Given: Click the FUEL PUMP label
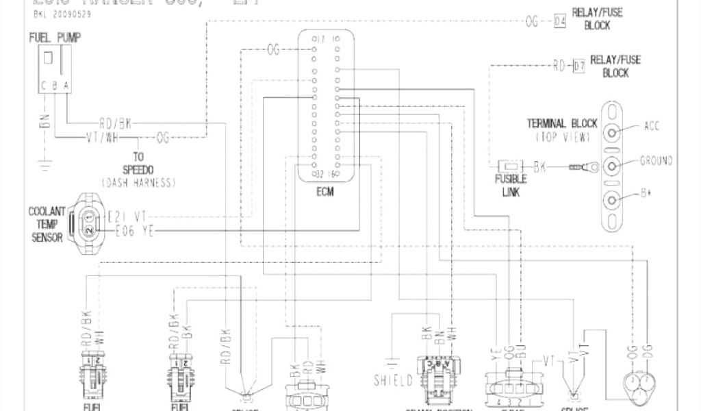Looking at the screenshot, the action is (54, 37).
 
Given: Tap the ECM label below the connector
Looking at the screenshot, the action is (325, 192).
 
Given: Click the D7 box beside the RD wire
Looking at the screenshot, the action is (578, 66).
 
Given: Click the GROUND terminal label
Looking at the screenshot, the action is (656, 161).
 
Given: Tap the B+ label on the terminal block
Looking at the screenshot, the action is (646, 194).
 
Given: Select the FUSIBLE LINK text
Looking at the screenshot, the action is (511, 186).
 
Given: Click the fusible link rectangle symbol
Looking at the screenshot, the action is (511, 165).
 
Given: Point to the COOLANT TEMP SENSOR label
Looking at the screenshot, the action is (47, 224).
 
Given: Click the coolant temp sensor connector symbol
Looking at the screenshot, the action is (90, 224).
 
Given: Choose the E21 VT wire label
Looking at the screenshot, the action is (128, 217).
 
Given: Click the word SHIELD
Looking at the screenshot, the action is (393, 380).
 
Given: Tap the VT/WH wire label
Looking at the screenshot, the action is (103, 137).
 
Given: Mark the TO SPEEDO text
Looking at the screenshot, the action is (138, 163).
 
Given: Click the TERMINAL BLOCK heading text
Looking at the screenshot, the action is (562, 124).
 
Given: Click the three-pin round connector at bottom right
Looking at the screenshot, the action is (637, 387).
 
